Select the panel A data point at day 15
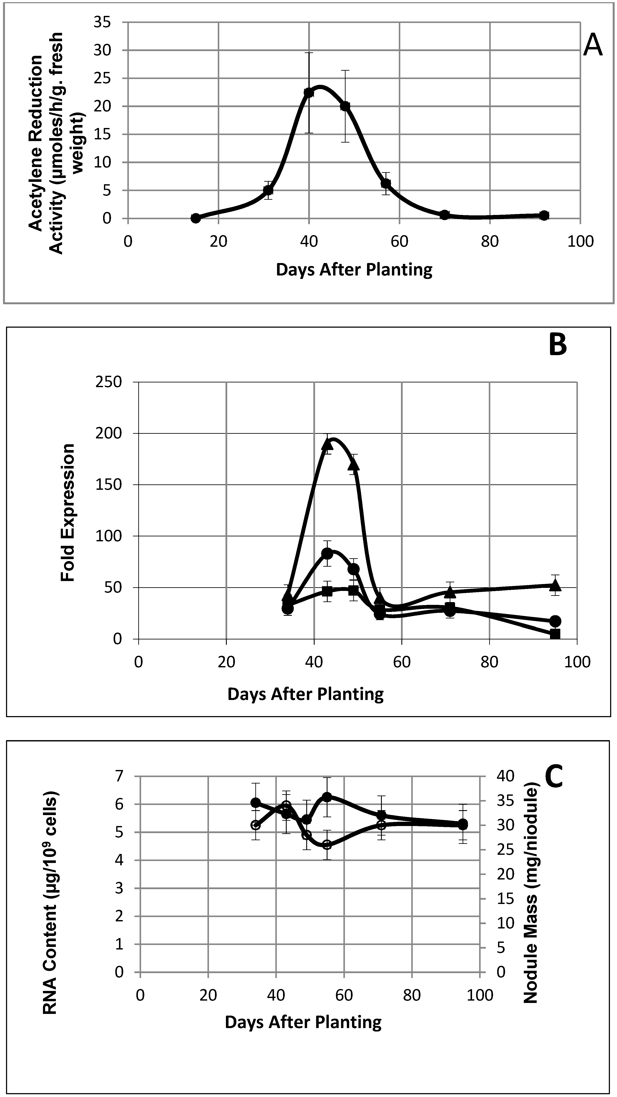pos(195,218)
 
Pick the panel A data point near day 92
pos(544,215)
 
